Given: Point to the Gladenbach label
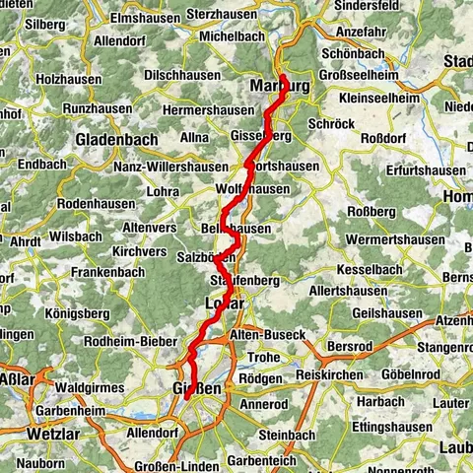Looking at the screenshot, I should (x=116, y=140).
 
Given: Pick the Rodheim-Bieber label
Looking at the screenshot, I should (x=131, y=342).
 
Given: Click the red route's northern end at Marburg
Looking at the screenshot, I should (x=283, y=77).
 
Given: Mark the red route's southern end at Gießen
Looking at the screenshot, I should (x=186, y=399).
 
